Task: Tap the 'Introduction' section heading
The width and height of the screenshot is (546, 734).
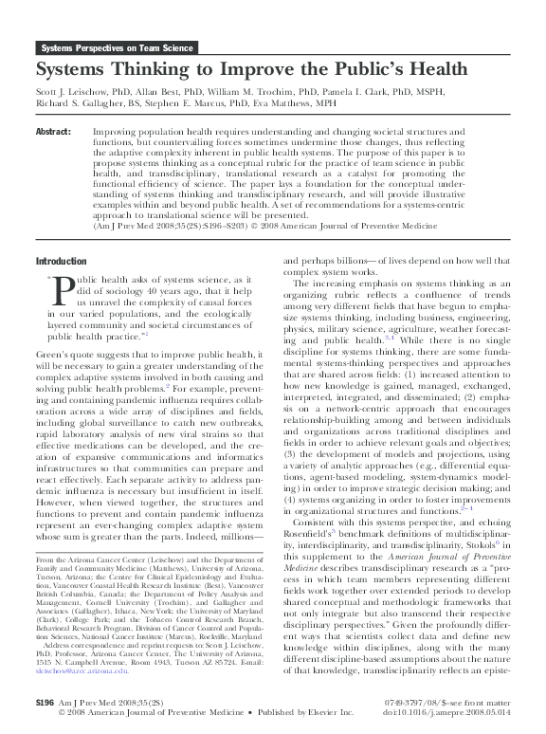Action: tap(61, 261)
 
